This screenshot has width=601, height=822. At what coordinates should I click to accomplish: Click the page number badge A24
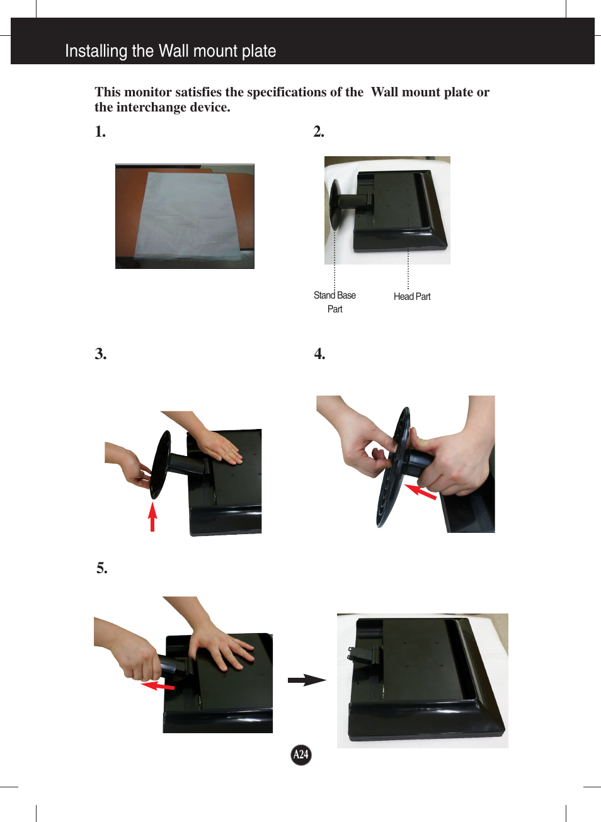(x=301, y=755)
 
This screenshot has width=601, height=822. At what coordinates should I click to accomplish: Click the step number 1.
(x=100, y=131)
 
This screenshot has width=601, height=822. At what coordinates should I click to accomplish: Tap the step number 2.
(x=319, y=131)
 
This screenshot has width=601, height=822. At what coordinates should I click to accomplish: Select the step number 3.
(x=101, y=354)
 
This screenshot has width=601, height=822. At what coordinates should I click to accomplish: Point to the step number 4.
(x=320, y=354)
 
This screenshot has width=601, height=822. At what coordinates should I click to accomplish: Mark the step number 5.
(x=102, y=568)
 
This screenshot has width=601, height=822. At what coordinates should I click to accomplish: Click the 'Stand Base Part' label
(x=335, y=302)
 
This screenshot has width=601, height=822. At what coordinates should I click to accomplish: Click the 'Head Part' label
(x=412, y=297)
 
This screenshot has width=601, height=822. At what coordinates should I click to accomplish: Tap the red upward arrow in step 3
(x=152, y=516)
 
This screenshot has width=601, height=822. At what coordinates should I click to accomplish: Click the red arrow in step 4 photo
(x=420, y=491)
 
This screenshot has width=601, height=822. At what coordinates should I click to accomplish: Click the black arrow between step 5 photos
(x=307, y=680)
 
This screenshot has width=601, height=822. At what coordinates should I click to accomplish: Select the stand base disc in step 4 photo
(x=392, y=472)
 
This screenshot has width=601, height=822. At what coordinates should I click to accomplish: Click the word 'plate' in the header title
(x=259, y=51)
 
